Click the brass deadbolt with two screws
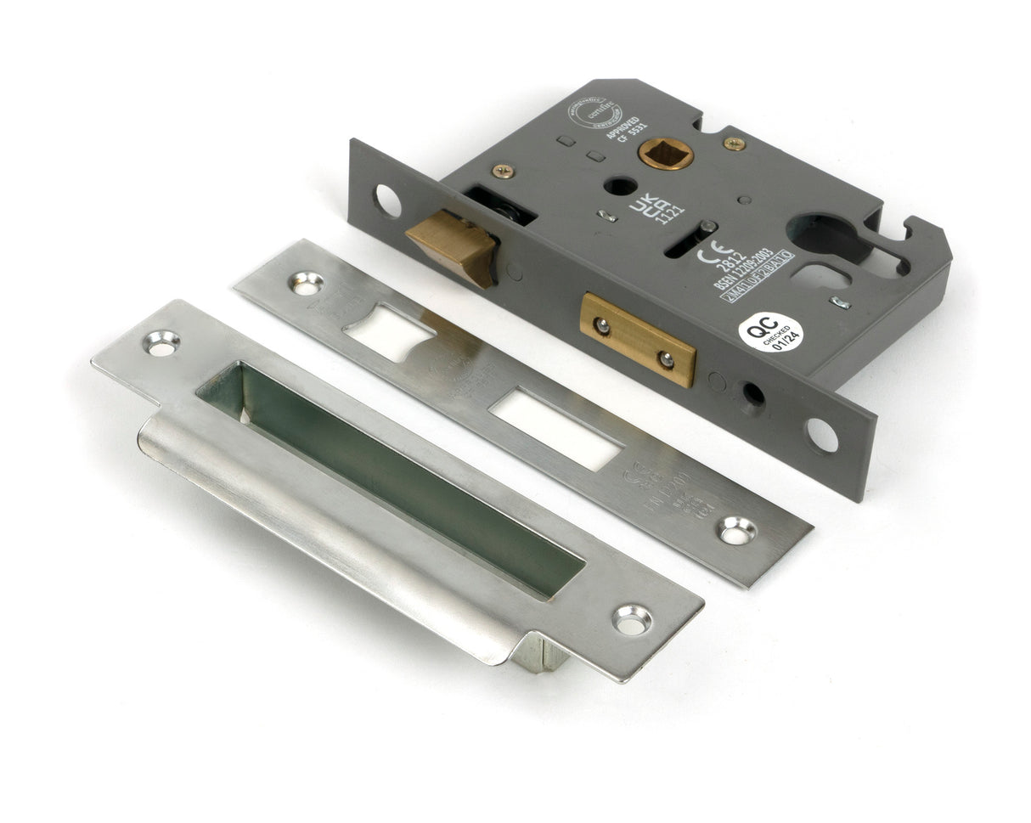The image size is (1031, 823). click(x=638, y=339)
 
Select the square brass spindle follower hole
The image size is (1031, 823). click(x=665, y=154)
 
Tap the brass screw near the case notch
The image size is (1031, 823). click(x=735, y=144)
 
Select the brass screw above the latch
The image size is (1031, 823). click(x=503, y=171)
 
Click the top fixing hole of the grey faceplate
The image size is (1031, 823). click(x=387, y=200)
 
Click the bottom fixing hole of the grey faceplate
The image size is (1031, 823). click(x=821, y=435)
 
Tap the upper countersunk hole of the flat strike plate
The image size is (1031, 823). click(x=306, y=283)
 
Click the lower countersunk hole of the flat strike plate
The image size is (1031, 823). click(x=737, y=530)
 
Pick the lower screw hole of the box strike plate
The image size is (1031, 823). click(x=633, y=618)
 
